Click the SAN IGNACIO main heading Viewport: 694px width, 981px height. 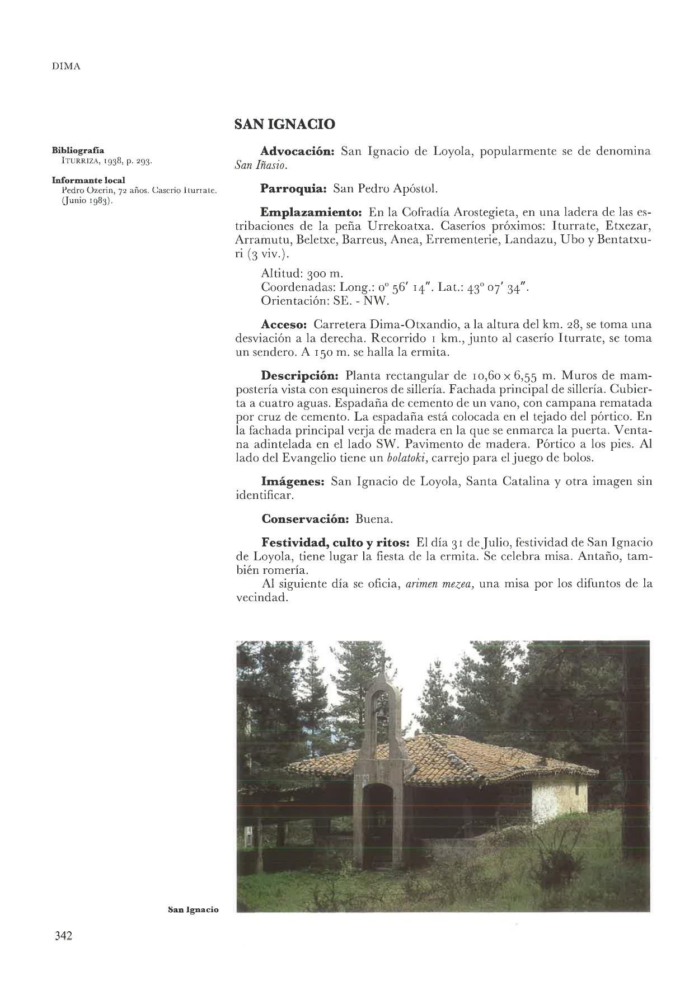click(x=285, y=124)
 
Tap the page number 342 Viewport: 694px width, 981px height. click(x=64, y=936)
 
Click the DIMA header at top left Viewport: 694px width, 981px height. click(x=66, y=67)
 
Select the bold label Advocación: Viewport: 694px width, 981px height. click(x=298, y=152)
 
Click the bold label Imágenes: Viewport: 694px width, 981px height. click(x=293, y=481)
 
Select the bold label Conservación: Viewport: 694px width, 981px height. click(x=306, y=518)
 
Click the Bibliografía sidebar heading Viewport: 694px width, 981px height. click(x=78, y=150)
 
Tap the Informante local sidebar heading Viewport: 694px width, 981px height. click(x=88, y=180)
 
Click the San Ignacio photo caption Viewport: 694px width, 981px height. click(x=193, y=909)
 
